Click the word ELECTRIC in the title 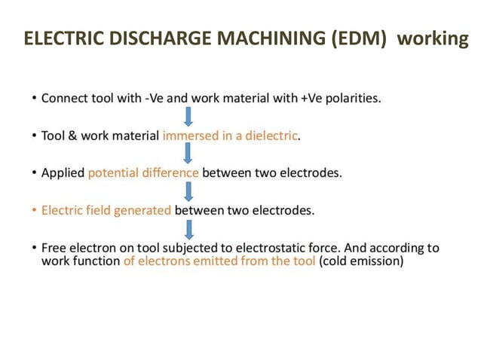click(x=59, y=38)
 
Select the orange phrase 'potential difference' click(x=143, y=173)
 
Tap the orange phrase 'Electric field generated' click(x=106, y=210)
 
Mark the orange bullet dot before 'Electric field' click(x=34, y=210)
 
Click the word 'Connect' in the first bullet click(x=64, y=99)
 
